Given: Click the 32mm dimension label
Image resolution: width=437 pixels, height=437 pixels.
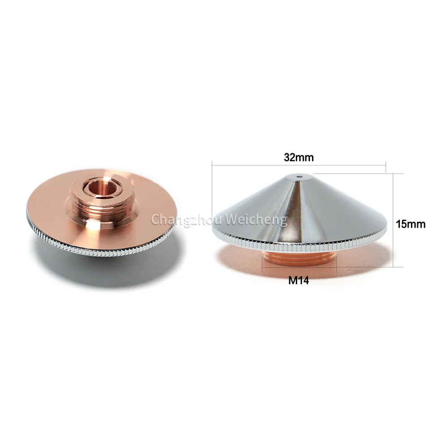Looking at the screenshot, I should coord(298,158).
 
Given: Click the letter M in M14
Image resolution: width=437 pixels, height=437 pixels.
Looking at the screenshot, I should coord(292,281).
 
